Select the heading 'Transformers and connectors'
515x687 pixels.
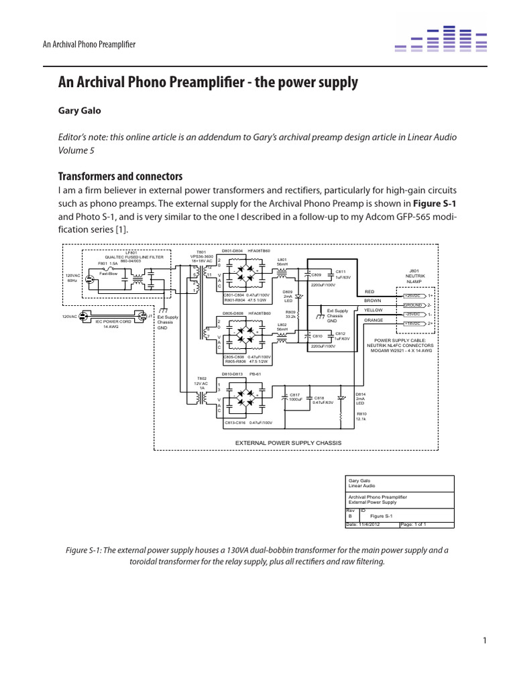point(121,176)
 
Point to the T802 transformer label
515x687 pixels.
point(200,378)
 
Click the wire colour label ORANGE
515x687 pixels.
point(374,321)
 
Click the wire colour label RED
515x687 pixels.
point(369,292)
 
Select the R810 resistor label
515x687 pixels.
point(361,415)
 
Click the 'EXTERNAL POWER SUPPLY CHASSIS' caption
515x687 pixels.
point(288,443)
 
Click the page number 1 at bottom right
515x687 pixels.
point(483,641)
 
